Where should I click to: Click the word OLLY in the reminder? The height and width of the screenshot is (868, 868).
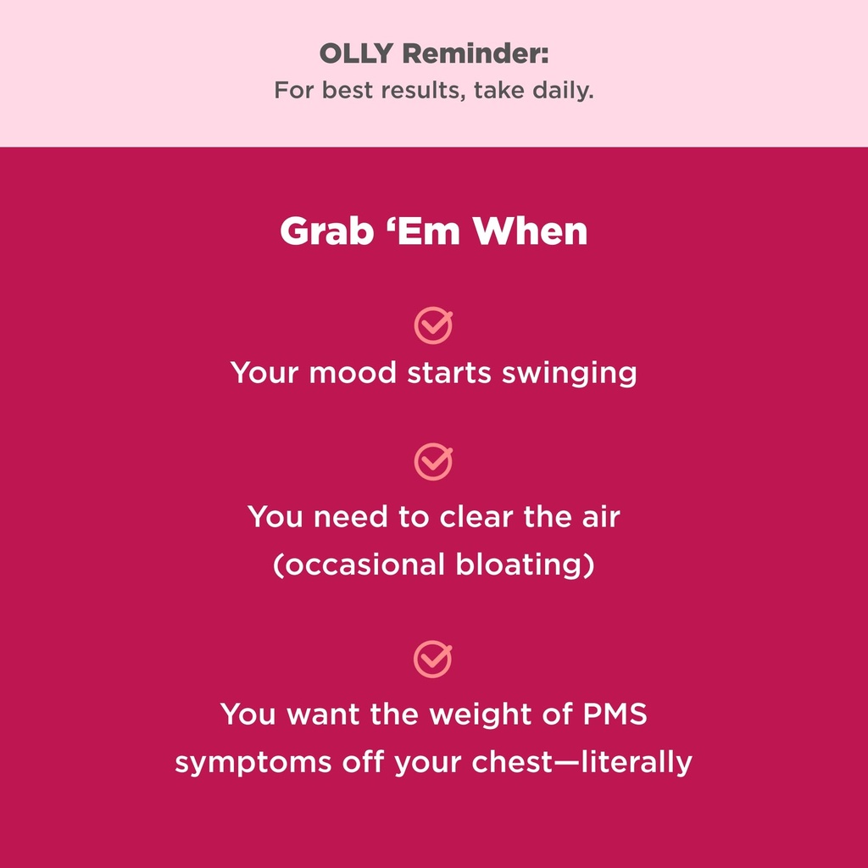(356, 54)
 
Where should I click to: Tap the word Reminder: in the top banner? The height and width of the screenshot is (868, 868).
(475, 54)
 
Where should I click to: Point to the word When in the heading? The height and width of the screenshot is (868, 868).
(531, 231)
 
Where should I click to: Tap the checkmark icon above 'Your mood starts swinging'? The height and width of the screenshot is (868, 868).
(433, 325)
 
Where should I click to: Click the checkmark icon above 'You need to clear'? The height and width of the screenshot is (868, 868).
(433, 462)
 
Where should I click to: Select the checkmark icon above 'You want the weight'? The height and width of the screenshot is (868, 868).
(433, 659)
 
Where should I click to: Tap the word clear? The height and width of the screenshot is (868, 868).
(476, 516)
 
